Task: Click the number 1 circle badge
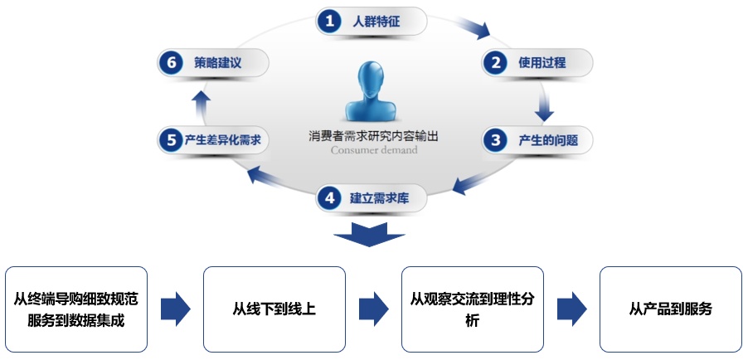pyautogui.click(x=329, y=21)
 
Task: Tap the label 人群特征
pyautogui.click(x=376, y=22)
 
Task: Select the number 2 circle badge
pyautogui.click(x=495, y=62)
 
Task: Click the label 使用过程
pyautogui.click(x=542, y=62)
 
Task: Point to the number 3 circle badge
pyautogui.click(x=495, y=140)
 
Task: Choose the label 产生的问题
pyautogui.click(x=548, y=140)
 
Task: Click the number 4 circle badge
pyautogui.click(x=329, y=198)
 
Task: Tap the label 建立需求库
pyautogui.click(x=380, y=198)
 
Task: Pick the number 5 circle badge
pyautogui.click(x=171, y=140)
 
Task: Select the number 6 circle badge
pyautogui.click(x=171, y=63)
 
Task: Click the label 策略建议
pyautogui.click(x=217, y=63)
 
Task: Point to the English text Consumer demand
pyautogui.click(x=374, y=150)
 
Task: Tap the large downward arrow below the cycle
pyautogui.click(x=369, y=233)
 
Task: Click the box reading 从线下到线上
pyautogui.click(x=274, y=309)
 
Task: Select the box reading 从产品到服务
pyautogui.click(x=671, y=309)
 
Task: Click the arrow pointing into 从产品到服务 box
pyautogui.click(x=572, y=309)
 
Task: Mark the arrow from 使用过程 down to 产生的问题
pyautogui.click(x=544, y=106)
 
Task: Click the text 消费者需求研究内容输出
pyautogui.click(x=373, y=135)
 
